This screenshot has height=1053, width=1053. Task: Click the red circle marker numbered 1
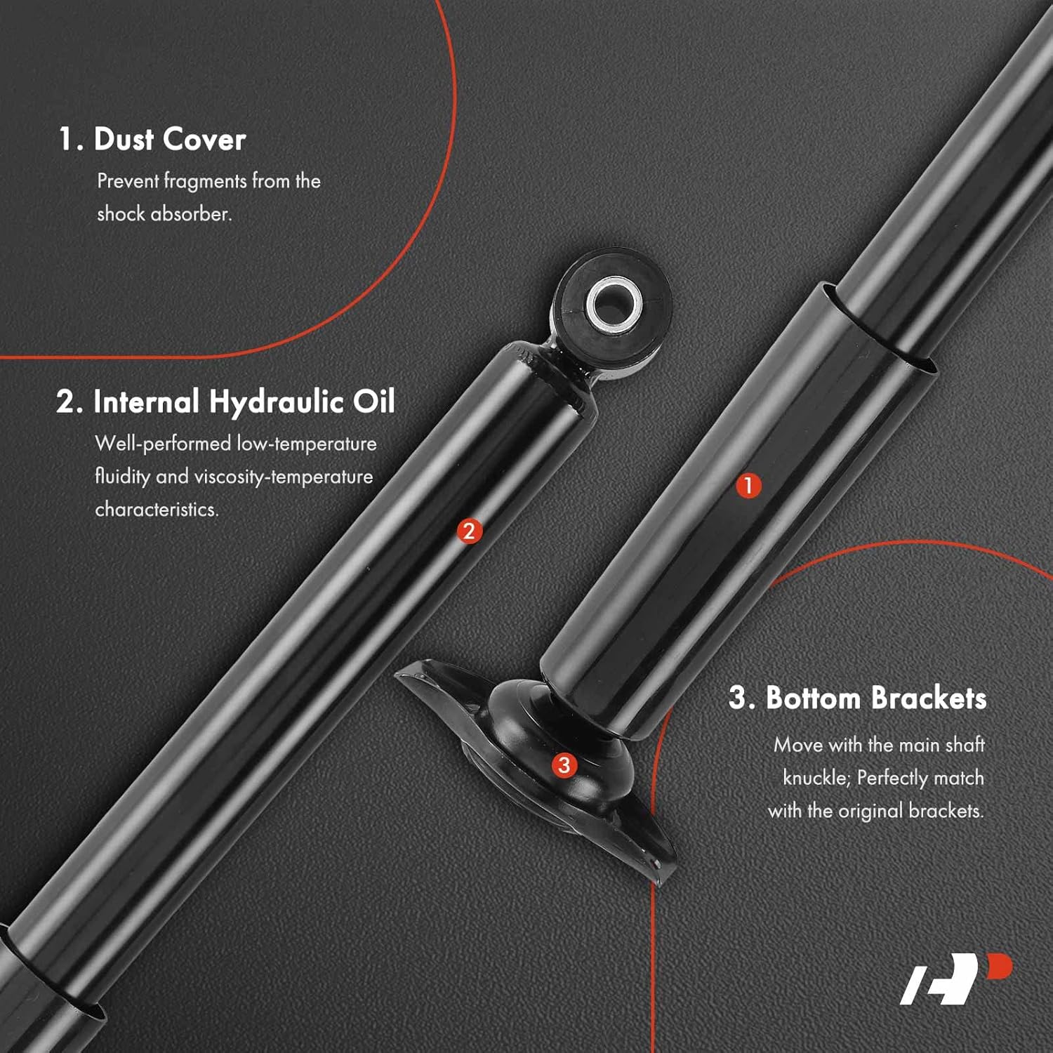click(748, 485)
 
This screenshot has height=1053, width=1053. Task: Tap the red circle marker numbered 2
click(469, 531)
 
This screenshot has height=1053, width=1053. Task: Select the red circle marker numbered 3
click(564, 765)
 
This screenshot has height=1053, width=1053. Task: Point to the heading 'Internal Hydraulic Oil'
click(225, 402)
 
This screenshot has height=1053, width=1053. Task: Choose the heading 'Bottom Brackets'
click(857, 698)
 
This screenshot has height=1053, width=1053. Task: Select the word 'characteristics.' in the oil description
click(157, 509)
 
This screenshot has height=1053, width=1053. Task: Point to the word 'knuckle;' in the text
click(816, 778)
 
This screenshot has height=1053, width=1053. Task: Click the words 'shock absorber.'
click(164, 213)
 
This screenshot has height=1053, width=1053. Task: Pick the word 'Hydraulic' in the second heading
click(277, 402)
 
